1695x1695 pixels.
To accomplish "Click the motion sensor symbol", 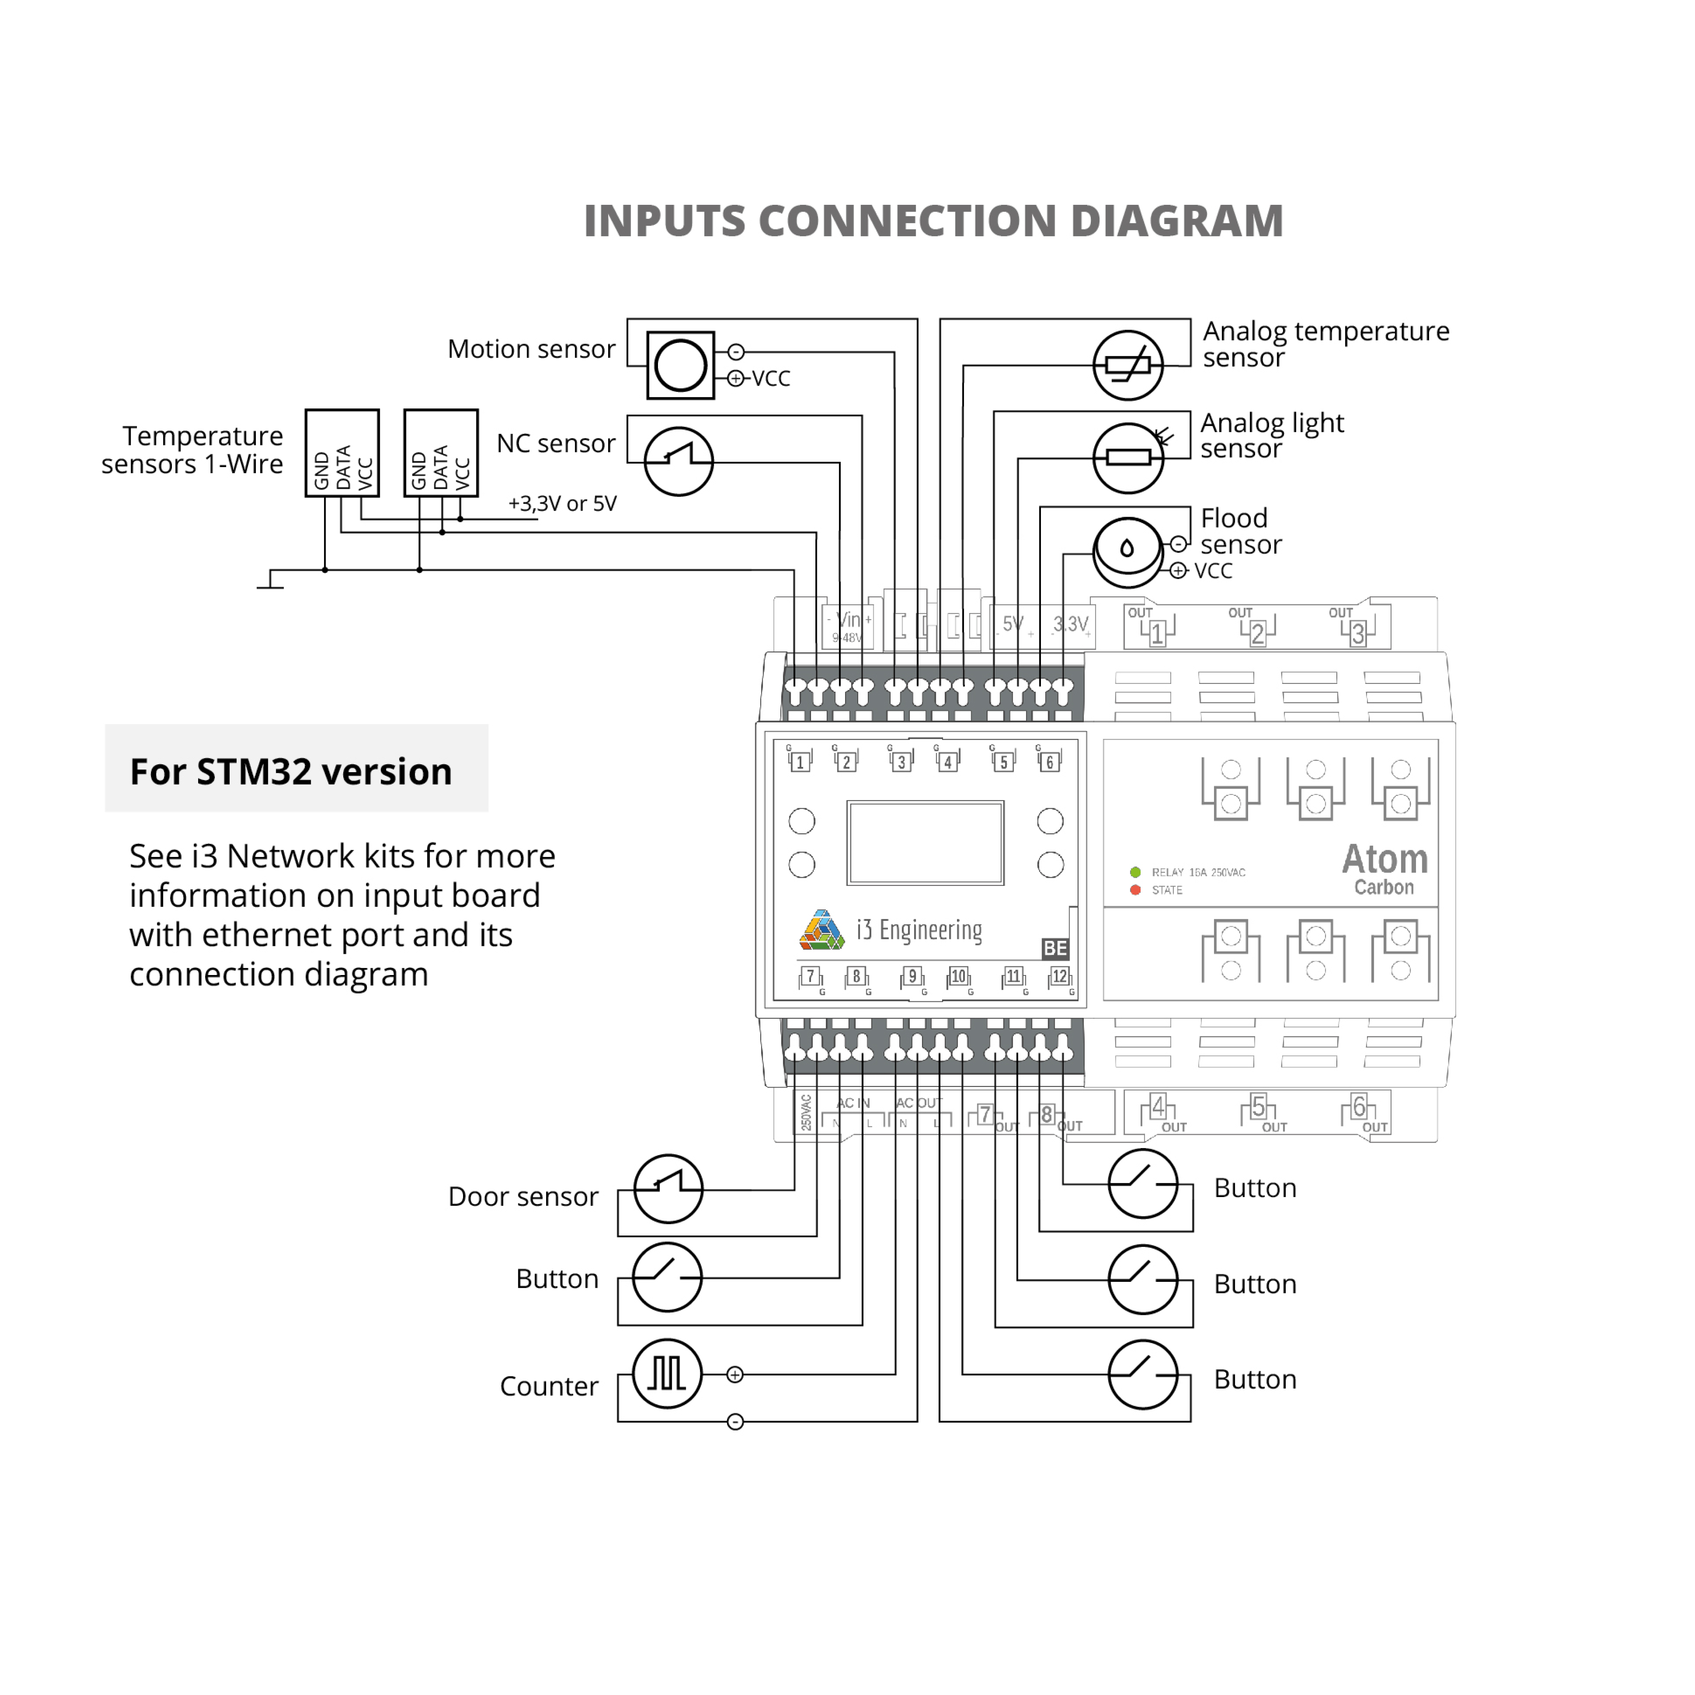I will pos(680,365).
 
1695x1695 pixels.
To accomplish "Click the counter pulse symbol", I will pos(667,1373).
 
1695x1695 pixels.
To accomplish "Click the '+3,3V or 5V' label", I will pos(562,503).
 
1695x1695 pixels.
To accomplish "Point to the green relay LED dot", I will pos(1135,872).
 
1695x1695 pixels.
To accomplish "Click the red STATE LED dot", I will pos(1135,889).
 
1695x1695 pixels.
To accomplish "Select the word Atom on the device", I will pos(1384,859).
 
